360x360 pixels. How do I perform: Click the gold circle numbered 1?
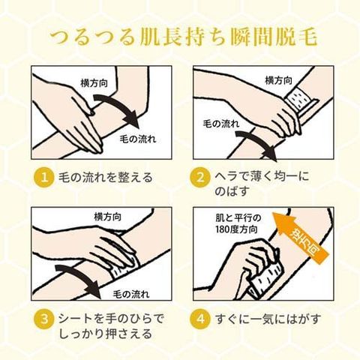tap(44, 178)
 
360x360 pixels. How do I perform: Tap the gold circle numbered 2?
tap(200, 178)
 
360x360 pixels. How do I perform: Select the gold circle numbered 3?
tap(44, 319)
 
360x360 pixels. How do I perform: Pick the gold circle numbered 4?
tap(200, 319)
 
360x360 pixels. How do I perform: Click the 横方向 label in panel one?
tap(94, 83)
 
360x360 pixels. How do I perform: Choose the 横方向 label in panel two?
tap(278, 80)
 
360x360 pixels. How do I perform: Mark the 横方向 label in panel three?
tap(108, 217)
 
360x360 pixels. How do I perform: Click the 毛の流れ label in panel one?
tap(137, 139)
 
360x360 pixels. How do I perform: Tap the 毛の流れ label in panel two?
tap(220, 124)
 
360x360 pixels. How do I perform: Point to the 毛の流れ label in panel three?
tap(131, 294)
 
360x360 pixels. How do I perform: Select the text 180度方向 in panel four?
tap(236, 229)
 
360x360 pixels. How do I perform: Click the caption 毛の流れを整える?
tap(105, 178)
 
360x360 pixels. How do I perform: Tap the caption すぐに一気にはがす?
tap(268, 319)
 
